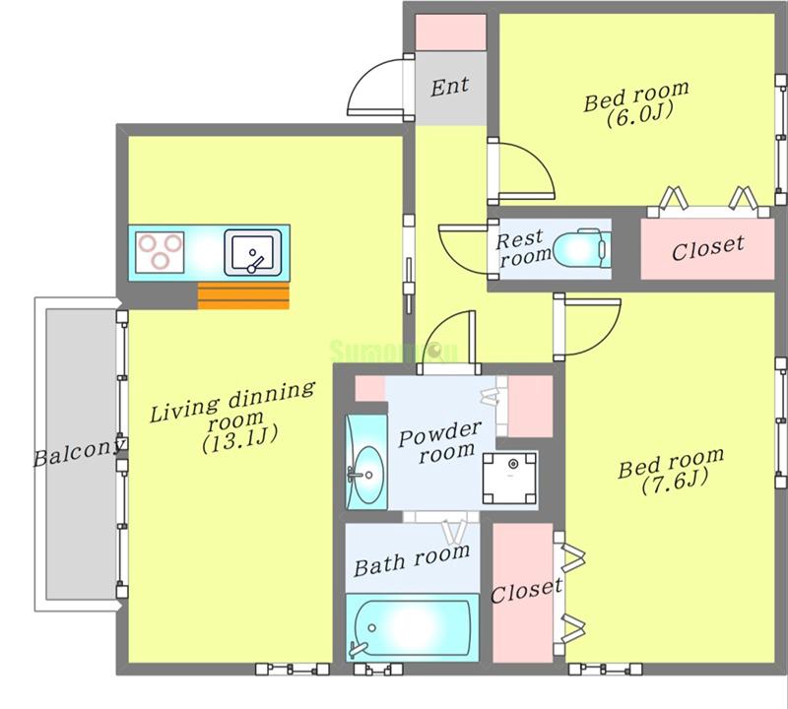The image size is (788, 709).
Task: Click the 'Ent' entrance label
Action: pyautogui.click(x=450, y=87)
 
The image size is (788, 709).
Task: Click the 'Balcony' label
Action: pyautogui.click(x=79, y=455)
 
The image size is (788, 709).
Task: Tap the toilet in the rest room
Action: pyautogui.click(x=580, y=248)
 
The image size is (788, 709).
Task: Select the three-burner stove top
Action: pyautogui.click(x=160, y=249)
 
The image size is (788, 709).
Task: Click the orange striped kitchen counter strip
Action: pyautogui.click(x=243, y=295)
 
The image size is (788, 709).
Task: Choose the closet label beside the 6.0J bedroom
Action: pyautogui.click(x=707, y=246)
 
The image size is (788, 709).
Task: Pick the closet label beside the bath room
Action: pyautogui.click(x=525, y=592)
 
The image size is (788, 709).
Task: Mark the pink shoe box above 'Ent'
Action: pyautogui.click(x=450, y=32)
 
